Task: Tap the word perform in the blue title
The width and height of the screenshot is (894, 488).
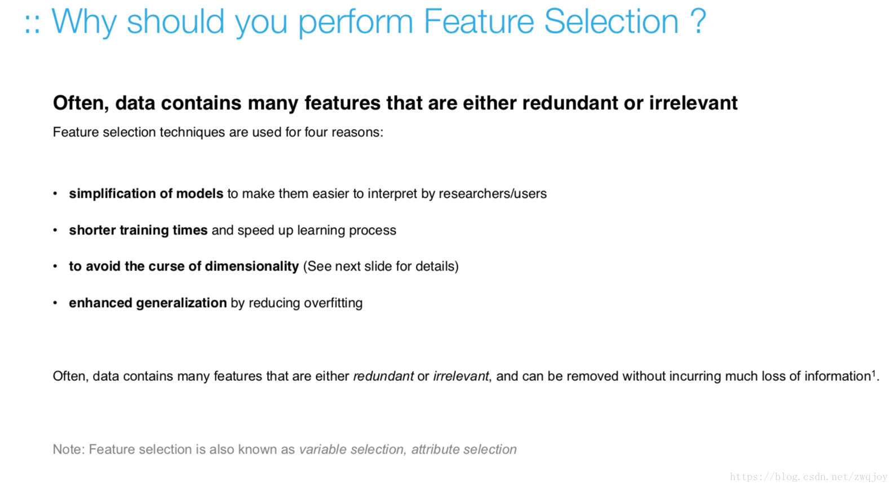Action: (x=356, y=23)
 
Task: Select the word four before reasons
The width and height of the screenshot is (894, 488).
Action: (x=316, y=132)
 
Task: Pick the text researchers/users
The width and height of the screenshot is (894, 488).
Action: (x=493, y=193)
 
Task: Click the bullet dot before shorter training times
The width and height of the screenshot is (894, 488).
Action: (x=55, y=230)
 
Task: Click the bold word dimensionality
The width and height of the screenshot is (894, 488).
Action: (x=251, y=267)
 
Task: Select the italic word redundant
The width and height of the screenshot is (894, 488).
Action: (x=383, y=376)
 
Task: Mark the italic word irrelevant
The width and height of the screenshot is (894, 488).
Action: (x=461, y=376)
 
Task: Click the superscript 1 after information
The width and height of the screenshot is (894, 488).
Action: (x=874, y=373)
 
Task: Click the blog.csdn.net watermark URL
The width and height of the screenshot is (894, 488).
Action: (x=808, y=477)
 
